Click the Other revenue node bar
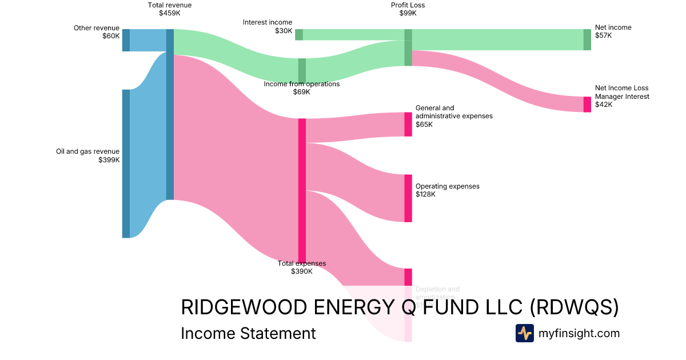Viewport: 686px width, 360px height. [x=126, y=40]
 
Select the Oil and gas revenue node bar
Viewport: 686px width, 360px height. [x=126, y=163]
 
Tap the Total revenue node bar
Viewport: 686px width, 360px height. [x=170, y=114]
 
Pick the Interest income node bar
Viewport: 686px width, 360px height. [x=299, y=34]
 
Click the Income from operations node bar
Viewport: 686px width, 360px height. [x=302, y=71]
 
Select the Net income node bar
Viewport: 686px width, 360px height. [x=587, y=39]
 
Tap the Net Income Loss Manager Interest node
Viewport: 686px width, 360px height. [x=587, y=105]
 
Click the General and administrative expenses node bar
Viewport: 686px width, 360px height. [x=408, y=124]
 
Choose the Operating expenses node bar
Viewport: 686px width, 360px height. [x=408, y=198]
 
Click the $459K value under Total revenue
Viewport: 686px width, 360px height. [x=170, y=13]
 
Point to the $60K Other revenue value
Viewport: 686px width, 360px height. [x=111, y=36]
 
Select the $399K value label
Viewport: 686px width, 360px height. [x=109, y=160]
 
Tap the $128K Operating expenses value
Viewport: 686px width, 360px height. [x=425, y=194]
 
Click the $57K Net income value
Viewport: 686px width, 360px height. [x=603, y=35]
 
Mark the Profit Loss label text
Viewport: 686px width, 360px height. [x=408, y=5]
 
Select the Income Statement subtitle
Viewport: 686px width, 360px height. [x=248, y=333]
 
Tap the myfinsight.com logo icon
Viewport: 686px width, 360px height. [x=524, y=333]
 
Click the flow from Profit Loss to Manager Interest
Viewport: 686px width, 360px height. [x=497, y=80]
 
